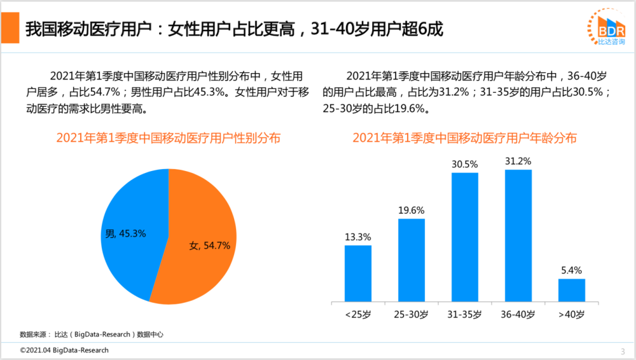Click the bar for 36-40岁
click(518, 235)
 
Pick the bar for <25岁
click(358, 273)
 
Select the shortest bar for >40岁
click(572, 290)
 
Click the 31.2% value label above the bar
click(518, 162)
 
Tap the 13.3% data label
click(358, 237)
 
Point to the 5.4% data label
click(572, 270)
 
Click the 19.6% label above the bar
click(411, 211)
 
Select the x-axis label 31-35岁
click(465, 314)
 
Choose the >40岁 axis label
click(572, 314)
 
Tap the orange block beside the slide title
click(10, 28)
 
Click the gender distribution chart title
click(168, 137)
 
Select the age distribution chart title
click(465, 137)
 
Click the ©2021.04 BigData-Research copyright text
click(64, 350)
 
